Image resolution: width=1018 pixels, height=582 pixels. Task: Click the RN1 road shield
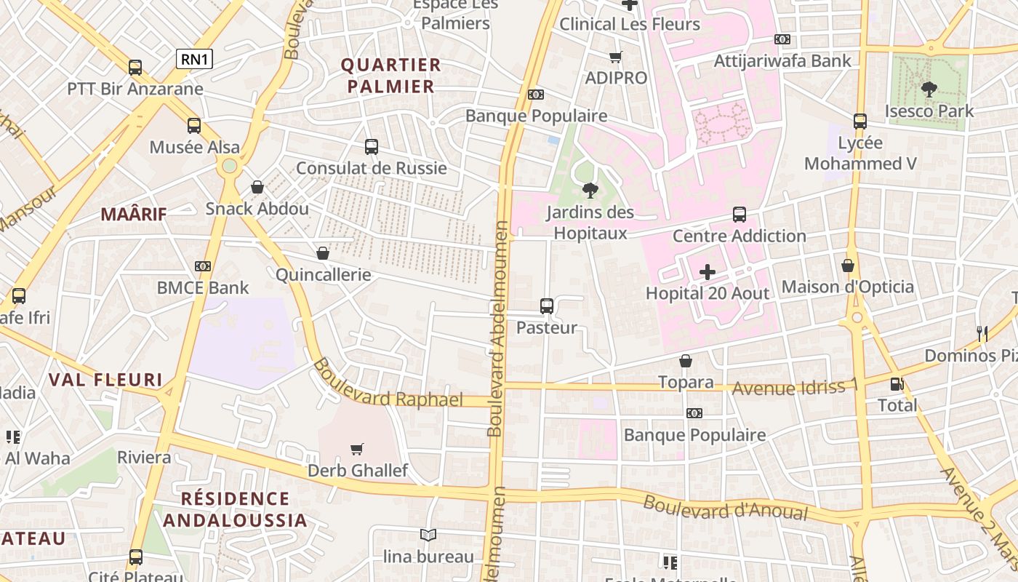click(194, 59)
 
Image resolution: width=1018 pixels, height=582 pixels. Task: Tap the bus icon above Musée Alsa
click(194, 126)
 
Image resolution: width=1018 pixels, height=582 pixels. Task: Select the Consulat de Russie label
click(371, 168)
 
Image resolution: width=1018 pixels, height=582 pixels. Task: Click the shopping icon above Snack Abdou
click(257, 187)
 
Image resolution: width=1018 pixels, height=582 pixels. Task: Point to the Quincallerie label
click(323, 275)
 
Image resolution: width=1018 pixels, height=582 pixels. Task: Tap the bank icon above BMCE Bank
click(203, 266)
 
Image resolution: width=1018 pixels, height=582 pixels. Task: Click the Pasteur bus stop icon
click(547, 306)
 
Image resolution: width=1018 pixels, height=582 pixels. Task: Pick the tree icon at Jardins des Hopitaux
click(590, 191)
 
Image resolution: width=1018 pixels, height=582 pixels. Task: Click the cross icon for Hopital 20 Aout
click(707, 272)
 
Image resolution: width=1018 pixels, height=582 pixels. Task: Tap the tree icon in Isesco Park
click(929, 89)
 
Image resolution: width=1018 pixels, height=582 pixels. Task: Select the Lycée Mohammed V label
click(860, 154)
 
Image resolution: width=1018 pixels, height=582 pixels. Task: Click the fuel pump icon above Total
click(897, 383)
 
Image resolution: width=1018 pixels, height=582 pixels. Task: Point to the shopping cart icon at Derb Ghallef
click(357, 449)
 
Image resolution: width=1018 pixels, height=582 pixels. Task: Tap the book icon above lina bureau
click(428, 535)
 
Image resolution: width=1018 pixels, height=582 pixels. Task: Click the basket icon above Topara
click(685, 361)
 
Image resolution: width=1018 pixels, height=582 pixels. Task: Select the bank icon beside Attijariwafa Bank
click(782, 39)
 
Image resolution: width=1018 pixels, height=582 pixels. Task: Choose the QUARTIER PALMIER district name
click(390, 76)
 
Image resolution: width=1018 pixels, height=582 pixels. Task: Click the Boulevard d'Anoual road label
click(725, 508)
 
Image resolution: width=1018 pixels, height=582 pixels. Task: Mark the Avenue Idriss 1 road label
click(795, 386)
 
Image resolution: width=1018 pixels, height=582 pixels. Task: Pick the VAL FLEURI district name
click(105, 380)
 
